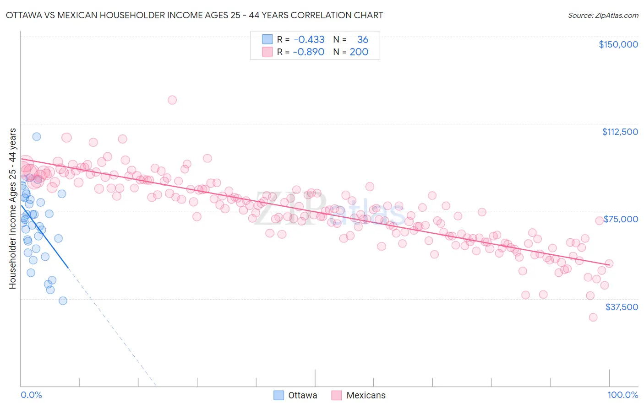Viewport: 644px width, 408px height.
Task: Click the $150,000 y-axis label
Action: [x=618, y=44]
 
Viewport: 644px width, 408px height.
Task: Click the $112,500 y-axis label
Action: [x=620, y=132]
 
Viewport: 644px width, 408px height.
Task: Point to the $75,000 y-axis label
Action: [x=621, y=219]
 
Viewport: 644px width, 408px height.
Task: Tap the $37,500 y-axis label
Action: [x=622, y=307]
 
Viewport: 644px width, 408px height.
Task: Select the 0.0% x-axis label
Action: [x=31, y=395]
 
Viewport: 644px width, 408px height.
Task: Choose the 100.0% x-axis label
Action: [x=622, y=395]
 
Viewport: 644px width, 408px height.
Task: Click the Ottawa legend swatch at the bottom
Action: [x=278, y=395]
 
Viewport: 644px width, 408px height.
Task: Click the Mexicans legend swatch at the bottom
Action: [x=337, y=395]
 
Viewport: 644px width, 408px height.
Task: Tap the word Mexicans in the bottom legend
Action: [x=366, y=395]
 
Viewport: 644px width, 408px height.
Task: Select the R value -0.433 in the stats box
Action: [x=309, y=39]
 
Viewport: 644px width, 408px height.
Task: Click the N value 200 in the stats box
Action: [x=359, y=52]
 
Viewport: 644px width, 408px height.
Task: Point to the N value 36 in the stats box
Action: [x=363, y=39]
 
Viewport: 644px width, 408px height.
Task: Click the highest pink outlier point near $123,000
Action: [x=172, y=100]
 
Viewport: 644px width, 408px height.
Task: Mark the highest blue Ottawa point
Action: [x=37, y=136]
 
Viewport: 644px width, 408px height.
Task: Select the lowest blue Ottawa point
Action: [x=63, y=301]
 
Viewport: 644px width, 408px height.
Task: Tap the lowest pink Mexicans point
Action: [x=593, y=317]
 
